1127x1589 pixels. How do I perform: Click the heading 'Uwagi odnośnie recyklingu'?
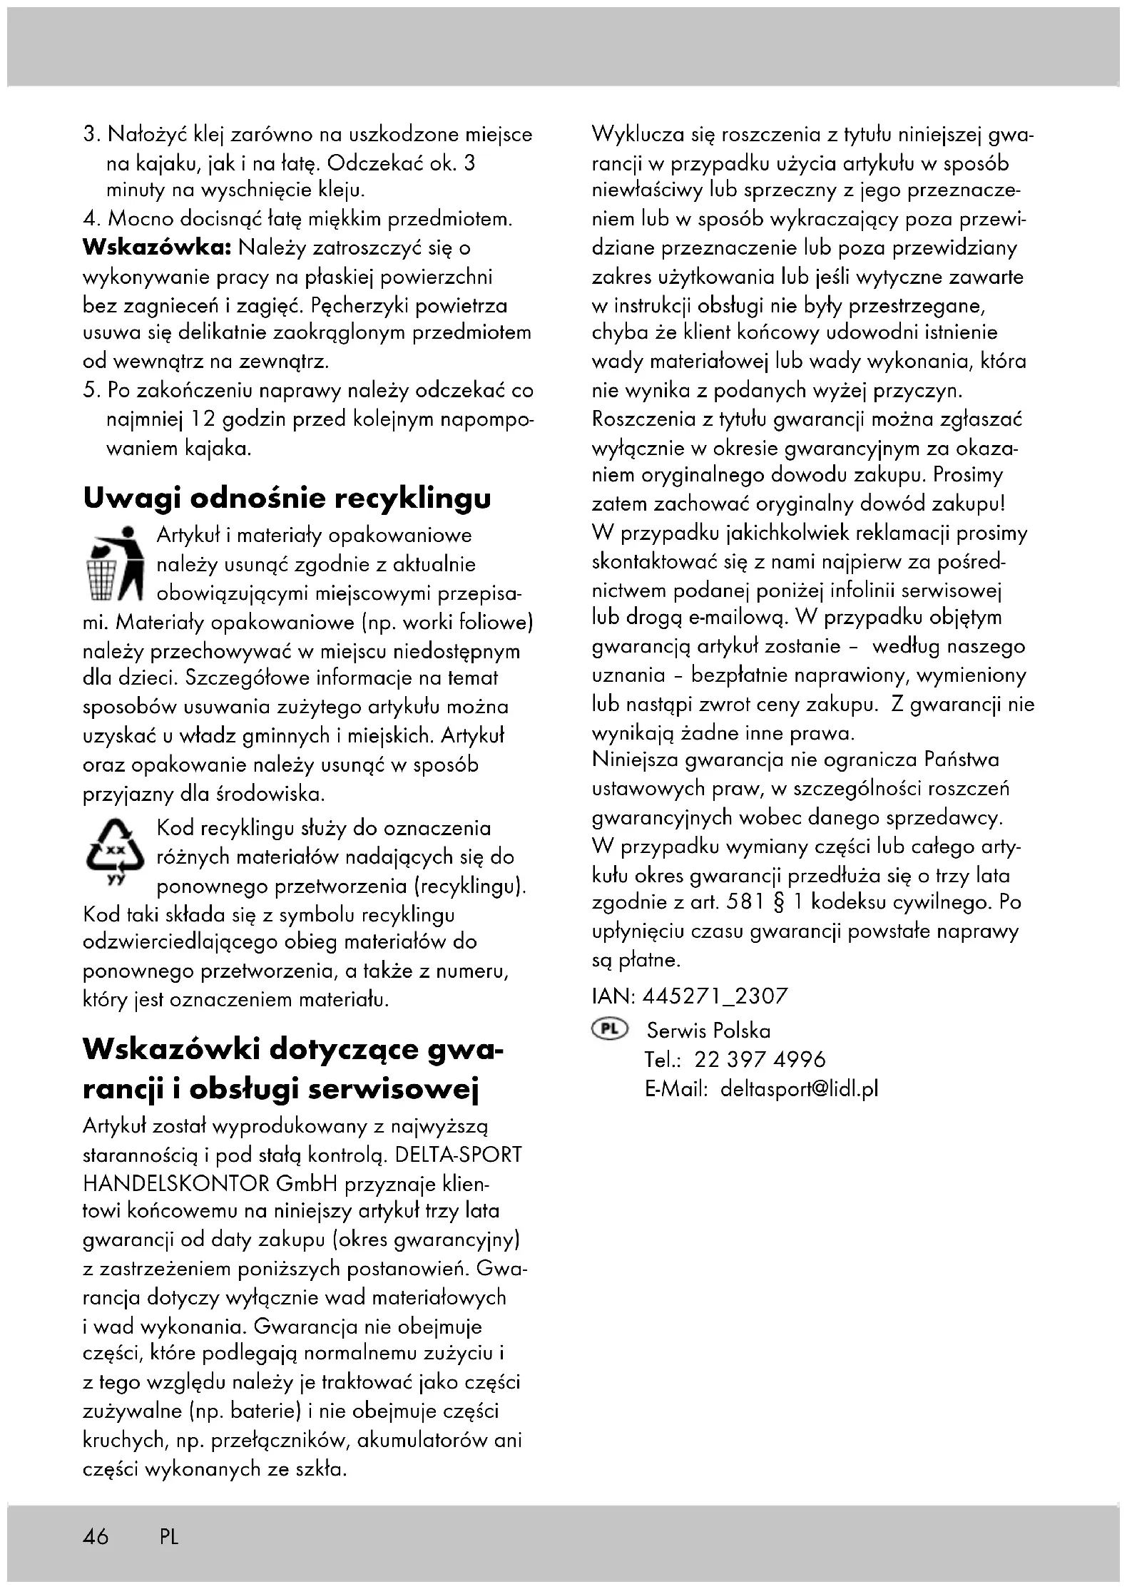click(x=287, y=498)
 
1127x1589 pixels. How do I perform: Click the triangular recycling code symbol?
click(x=114, y=852)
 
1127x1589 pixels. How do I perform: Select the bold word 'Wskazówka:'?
click(x=157, y=248)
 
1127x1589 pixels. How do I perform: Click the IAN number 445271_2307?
click(x=715, y=996)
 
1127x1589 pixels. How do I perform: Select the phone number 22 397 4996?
click(x=760, y=1059)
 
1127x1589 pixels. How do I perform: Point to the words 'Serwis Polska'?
click(x=708, y=1031)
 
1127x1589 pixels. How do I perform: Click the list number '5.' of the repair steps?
click(x=91, y=391)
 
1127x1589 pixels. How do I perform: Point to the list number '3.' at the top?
click(x=91, y=134)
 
